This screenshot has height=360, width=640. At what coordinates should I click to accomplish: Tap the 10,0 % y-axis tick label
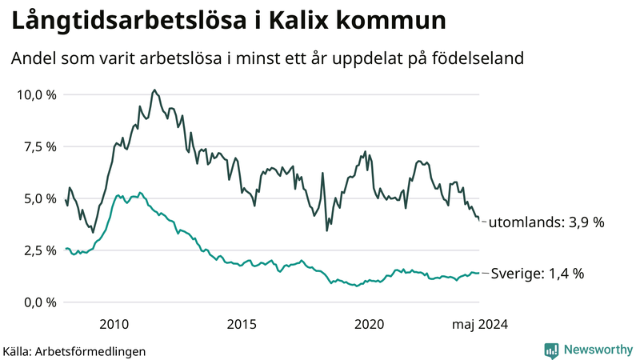(37, 95)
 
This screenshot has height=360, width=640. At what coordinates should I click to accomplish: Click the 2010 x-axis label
(114, 324)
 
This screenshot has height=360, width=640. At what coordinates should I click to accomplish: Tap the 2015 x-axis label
(242, 324)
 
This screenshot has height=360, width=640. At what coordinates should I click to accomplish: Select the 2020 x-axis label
(370, 324)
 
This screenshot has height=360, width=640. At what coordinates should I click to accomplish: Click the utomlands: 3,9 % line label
(546, 222)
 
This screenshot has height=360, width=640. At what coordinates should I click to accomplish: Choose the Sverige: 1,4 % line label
(537, 274)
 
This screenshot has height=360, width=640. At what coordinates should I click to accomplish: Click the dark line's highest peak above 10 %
(154, 90)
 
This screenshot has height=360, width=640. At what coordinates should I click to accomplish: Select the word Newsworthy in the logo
(598, 350)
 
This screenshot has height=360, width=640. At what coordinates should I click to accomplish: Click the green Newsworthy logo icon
(552, 350)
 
